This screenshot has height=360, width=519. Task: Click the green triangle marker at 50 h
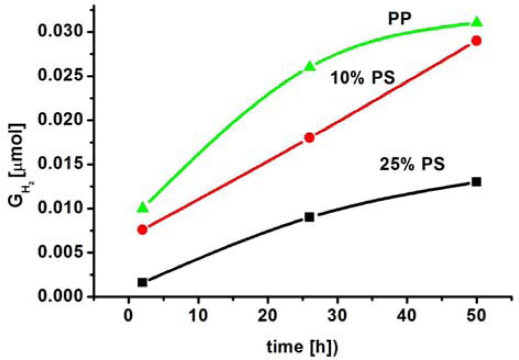point(477,22)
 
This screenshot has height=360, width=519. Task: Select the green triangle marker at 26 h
point(310,67)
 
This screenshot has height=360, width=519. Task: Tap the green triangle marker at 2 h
point(143,207)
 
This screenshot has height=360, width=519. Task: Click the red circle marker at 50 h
point(477,41)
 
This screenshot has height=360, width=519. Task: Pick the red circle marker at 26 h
point(310,137)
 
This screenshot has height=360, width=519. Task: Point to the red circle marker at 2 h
point(143,229)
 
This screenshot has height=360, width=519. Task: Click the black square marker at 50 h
point(477,181)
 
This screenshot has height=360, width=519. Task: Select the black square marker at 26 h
point(310,217)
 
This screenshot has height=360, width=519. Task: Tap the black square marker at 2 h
point(143,282)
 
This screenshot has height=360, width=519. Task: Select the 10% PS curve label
point(362,79)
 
